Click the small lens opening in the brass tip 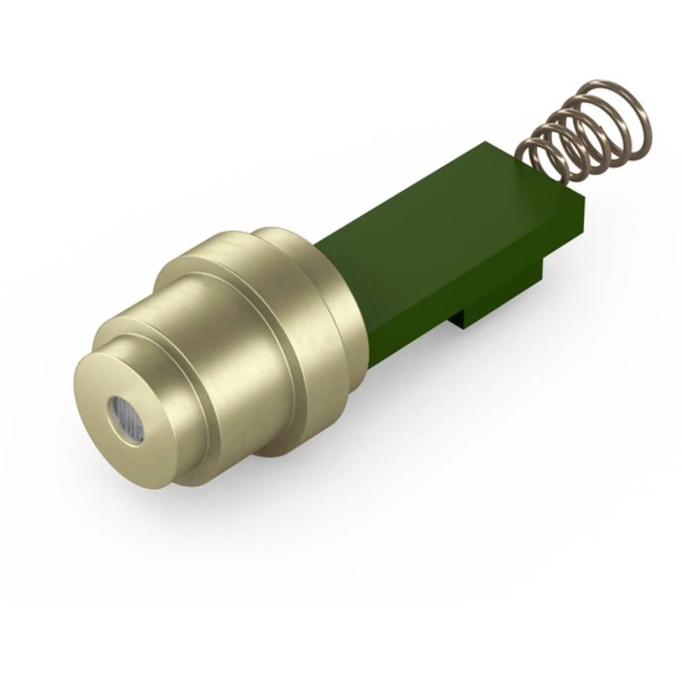click(125, 419)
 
